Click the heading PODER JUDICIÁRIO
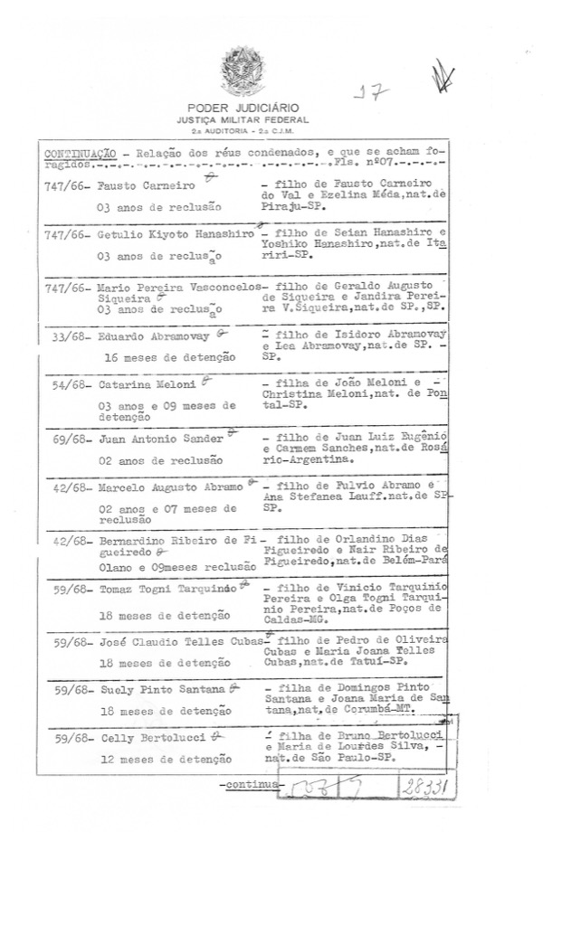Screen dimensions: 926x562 click(242, 109)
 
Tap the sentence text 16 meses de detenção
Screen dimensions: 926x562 click(170, 357)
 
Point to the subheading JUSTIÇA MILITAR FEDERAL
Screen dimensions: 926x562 click(242, 119)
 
